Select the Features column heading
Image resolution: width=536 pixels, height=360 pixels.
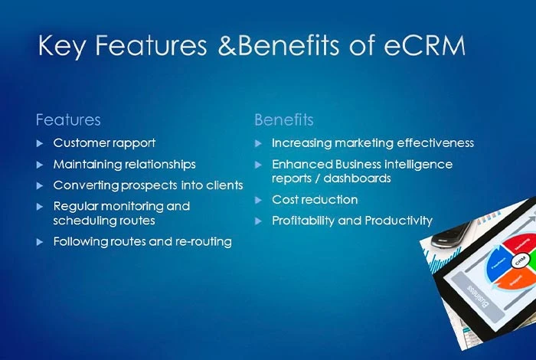tap(68, 120)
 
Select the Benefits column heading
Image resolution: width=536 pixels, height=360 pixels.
tap(283, 120)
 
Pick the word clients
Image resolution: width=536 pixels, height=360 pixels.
tap(224, 185)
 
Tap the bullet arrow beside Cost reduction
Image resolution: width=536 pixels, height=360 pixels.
tap(259, 200)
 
